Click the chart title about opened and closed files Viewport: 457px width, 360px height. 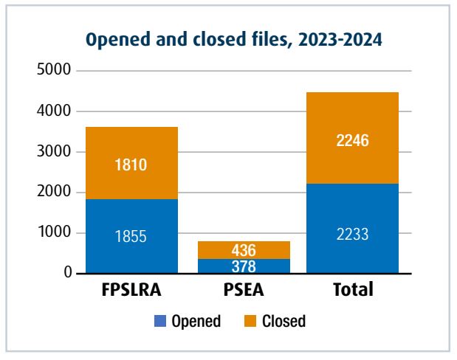234,41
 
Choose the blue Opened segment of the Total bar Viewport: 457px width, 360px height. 353,229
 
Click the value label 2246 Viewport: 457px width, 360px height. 353,140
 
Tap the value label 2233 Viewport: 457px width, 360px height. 353,237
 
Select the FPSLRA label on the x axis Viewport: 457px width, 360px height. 132,290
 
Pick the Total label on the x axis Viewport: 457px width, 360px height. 353,290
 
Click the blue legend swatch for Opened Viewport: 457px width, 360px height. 160,321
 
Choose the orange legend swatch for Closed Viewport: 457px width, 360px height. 249,321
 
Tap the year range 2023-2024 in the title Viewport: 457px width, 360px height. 336,41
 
